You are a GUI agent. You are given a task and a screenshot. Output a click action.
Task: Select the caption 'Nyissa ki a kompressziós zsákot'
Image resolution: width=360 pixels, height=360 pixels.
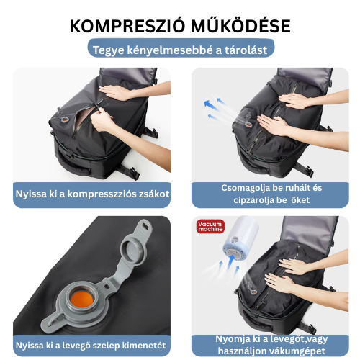(x=91, y=194)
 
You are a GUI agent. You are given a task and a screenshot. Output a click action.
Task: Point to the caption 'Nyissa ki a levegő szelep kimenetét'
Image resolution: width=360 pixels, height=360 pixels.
(x=91, y=343)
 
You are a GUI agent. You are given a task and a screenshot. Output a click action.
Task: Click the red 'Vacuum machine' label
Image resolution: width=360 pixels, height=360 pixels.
(x=211, y=226)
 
